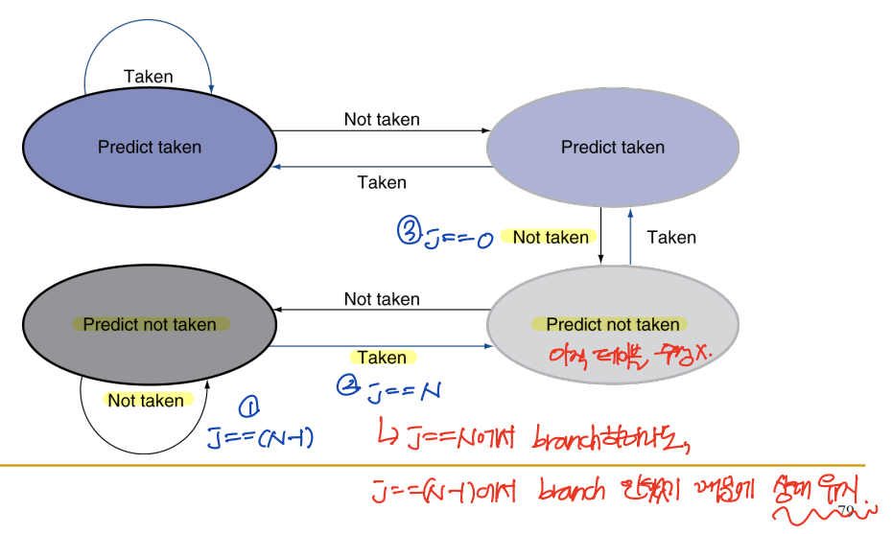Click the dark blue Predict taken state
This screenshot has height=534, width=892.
149,148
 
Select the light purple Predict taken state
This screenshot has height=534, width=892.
612,148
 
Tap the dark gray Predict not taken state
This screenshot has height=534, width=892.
149,325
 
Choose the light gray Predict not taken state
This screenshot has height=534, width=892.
612,324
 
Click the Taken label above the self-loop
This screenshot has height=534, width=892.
149,77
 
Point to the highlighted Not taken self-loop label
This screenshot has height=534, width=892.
146,401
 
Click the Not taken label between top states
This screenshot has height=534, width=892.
382,120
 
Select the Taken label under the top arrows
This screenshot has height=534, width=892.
382,182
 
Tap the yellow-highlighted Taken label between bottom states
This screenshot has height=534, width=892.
382,358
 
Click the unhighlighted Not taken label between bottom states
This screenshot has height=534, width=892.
382,299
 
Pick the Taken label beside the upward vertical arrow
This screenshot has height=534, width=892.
671,237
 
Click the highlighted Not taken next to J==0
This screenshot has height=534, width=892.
551,237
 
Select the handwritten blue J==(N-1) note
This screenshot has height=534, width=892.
261,438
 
